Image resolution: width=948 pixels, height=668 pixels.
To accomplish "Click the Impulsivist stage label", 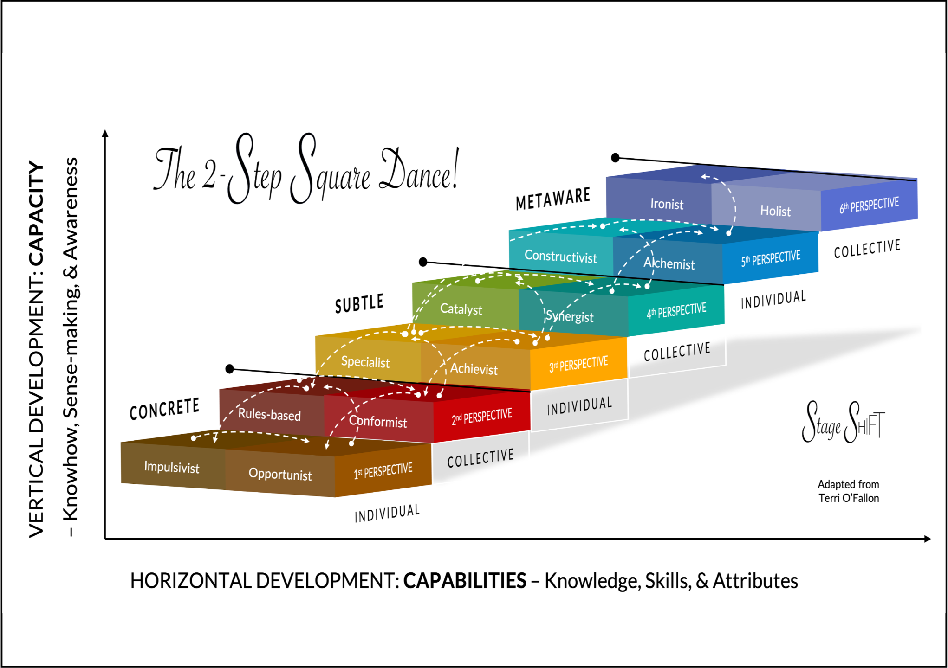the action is [x=171, y=467].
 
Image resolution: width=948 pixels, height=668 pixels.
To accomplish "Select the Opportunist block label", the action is [x=280, y=474].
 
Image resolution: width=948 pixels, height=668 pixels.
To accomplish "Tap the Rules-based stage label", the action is [x=269, y=414].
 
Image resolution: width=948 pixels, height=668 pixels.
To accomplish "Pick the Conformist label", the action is [x=378, y=421].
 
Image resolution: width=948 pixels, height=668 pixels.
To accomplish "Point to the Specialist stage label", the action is [x=365, y=362].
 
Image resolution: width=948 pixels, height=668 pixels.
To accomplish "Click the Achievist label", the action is [x=474, y=369].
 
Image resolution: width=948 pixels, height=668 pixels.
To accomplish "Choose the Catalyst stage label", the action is [x=461, y=309].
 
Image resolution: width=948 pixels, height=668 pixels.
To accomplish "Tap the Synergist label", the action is [x=569, y=316].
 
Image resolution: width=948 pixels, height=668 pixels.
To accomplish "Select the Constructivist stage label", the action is [x=560, y=256].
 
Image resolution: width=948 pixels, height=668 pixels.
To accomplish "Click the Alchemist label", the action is [x=669, y=263].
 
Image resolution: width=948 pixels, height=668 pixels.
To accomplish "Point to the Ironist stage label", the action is [x=667, y=204].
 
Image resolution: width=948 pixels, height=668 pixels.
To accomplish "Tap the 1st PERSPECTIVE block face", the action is [x=383, y=471].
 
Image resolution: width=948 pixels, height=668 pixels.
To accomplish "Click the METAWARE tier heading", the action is [x=553, y=199].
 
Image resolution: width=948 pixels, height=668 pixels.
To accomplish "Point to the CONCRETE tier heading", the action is [x=164, y=409].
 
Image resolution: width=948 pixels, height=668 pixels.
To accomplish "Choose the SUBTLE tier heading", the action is [x=359, y=304].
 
